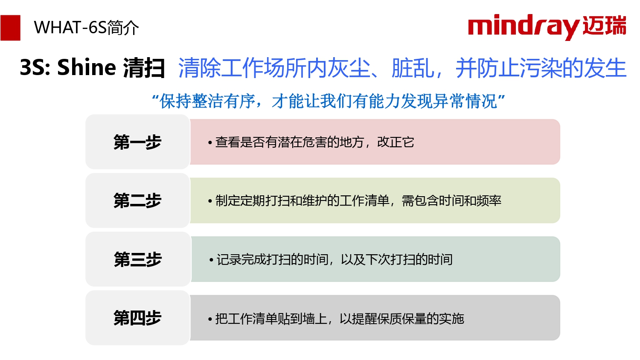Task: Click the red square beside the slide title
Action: pyautogui.click(x=10, y=28)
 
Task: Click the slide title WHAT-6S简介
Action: pyautogui.click(x=86, y=28)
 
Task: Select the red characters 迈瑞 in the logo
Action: pyautogui.click(x=604, y=26)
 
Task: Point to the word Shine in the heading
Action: pyautogui.click(x=87, y=67)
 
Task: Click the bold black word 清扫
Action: pyautogui.click(x=144, y=68)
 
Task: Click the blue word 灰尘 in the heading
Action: pyautogui.click(x=349, y=68)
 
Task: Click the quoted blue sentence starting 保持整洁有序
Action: pyautogui.click(x=328, y=101)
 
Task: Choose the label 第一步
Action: pyautogui.click(x=137, y=142)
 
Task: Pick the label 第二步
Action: pyautogui.click(x=137, y=200)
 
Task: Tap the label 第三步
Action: pyautogui.click(x=138, y=259)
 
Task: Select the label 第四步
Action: pyautogui.click(x=137, y=318)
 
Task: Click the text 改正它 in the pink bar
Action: pyautogui.click(x=396, y=142)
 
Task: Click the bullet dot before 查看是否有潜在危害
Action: pyautogui.click(x=210, y=142)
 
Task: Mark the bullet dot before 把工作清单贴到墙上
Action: pyautogui.click(x=210, y=319)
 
